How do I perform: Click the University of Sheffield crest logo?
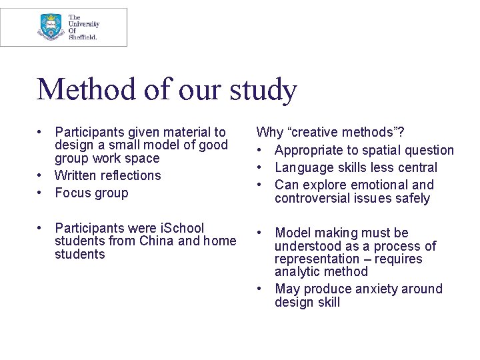(51, 27)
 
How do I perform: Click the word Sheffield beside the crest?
(83, 37)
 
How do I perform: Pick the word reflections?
(131, 175)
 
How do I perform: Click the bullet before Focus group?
(41, 193)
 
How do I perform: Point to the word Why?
(269, 132)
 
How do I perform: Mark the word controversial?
(311, 198)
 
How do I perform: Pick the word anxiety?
(375, 289)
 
